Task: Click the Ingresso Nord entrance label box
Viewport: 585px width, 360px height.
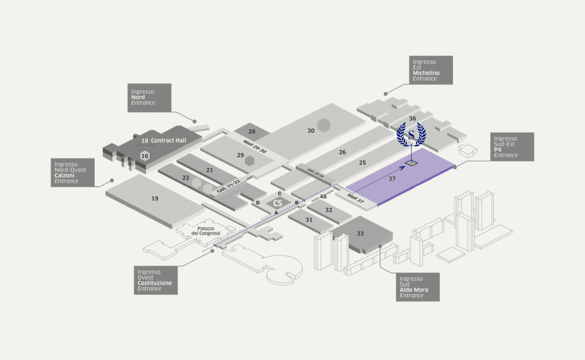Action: click(149, 97)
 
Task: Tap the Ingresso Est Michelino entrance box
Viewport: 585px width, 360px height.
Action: click(431, 70)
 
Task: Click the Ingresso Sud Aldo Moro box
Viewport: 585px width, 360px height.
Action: click(417, 287)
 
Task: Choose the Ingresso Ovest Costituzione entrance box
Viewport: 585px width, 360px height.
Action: click(156, 280)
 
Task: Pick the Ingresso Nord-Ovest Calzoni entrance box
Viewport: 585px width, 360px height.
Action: click(72, 172)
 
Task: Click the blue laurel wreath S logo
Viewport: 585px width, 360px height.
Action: click(411, 134)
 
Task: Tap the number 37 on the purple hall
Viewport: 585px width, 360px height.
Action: click(392, 179)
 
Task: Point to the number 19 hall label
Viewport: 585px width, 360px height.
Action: click(155, 198)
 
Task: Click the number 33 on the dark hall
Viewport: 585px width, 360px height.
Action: click(360, 233)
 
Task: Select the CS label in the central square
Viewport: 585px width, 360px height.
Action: click(278, 203)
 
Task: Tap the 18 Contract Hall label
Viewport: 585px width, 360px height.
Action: click(164, 140)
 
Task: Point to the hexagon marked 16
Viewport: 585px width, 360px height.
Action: click(144, 156)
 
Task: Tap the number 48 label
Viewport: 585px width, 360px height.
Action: click(323, 196)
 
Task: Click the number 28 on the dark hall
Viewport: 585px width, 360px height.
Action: click(252, 131)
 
